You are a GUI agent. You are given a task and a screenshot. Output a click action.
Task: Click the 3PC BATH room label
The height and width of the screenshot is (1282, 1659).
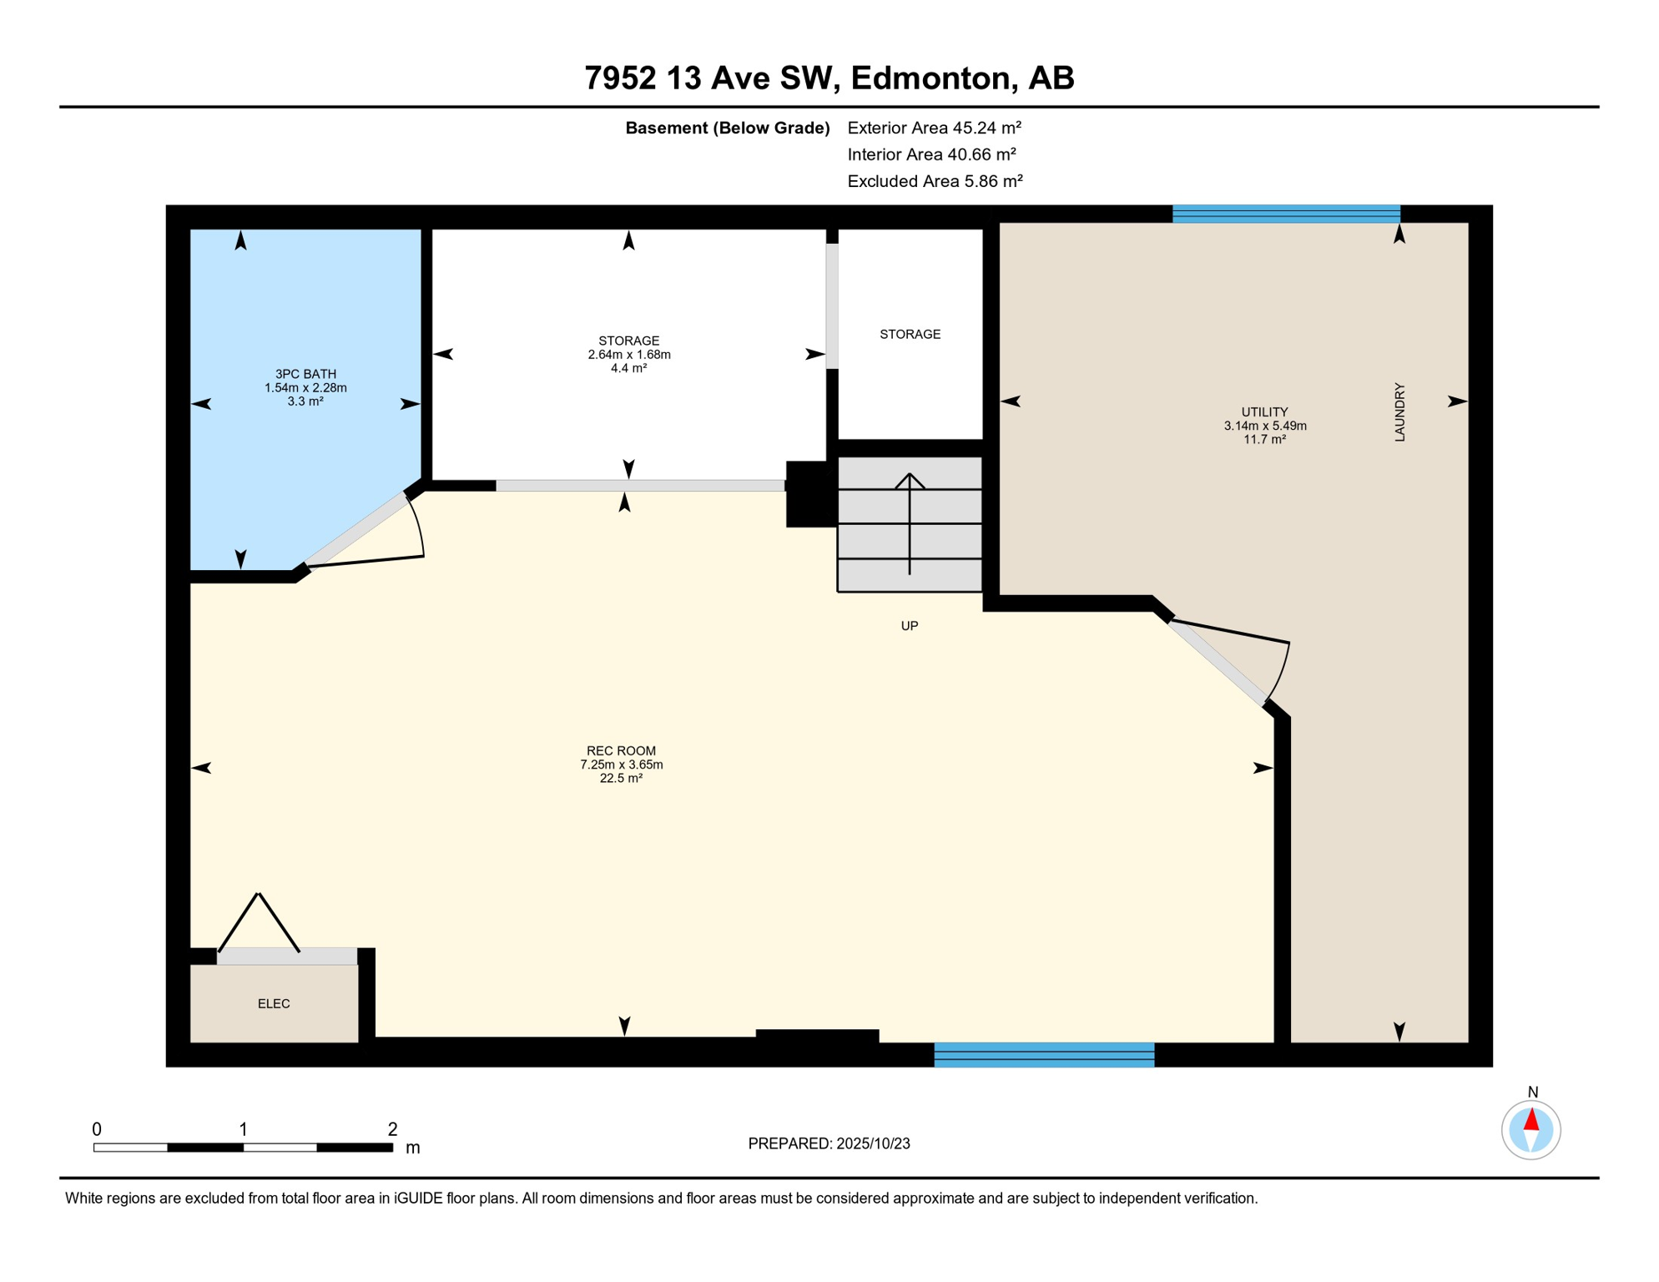[x=305, y=374]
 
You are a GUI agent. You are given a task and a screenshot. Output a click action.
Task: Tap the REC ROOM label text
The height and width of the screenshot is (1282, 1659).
[x=621, y=750]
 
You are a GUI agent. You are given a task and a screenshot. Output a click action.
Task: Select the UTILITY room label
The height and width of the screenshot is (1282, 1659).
[x=1264, y=411]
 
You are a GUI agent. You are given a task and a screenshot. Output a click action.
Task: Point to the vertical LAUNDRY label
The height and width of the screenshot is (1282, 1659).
[x=1399, y=412]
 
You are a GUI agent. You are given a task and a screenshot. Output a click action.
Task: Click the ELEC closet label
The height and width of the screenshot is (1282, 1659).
[x=274, y=1003]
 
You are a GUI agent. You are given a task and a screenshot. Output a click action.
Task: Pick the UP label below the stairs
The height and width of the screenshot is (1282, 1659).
[x=910, y=625]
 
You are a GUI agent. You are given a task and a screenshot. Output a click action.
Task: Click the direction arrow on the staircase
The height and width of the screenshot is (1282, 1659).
[x=910, y=523]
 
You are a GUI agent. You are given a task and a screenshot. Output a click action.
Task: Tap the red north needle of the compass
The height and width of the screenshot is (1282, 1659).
[x=1531, y=1119]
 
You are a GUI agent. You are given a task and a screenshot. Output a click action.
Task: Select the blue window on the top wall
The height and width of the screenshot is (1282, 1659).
[x=1286, y=214]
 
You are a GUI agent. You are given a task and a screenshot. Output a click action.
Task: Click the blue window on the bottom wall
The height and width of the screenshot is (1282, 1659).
[x=1044, y=1055]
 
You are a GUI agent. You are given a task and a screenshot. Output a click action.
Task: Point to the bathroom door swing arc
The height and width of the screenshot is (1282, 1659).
[x=418, y=525]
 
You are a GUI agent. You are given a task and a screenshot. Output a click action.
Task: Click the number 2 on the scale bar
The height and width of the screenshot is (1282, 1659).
[x=392, y=1129]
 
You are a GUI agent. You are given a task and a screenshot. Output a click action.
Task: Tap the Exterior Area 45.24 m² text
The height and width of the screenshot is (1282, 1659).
[x=934, y=128]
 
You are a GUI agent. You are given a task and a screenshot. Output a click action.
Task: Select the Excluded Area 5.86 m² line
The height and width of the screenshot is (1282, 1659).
[x=935, y=181]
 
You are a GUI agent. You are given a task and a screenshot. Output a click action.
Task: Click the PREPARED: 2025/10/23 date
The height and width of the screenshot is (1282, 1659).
[x=829, y=1143]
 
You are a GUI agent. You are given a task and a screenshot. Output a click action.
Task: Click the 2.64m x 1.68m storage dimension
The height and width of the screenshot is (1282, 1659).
[x=629, y=355]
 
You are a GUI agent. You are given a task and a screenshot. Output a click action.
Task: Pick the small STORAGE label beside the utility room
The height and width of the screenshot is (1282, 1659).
[x=910, y=334]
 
